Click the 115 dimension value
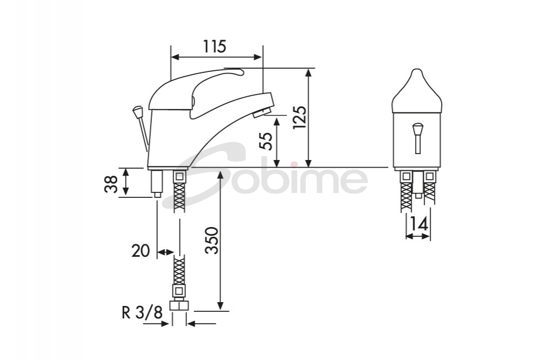click(215, 47)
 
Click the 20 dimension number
click(140, 251)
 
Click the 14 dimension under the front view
click(418, 224)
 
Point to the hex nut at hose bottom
click(178, 305)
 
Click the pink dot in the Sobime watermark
click(292, 164)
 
